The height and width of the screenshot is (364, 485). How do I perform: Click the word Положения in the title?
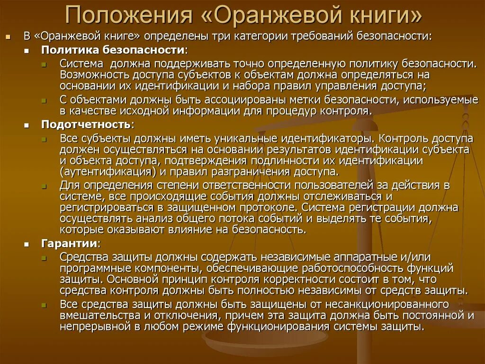click(x=127, y=16)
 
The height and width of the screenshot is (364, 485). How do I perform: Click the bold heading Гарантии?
click(x=70, y=243)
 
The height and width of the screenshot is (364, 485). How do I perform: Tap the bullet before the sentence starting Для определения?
click(x=44, y=185)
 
